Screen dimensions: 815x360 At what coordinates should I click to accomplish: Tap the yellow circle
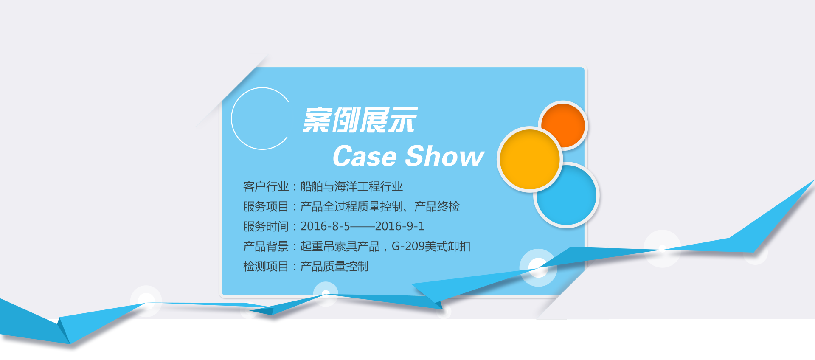pyautogui.click(x=530, y=159)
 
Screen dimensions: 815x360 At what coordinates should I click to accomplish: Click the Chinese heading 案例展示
pyautogui.click(x=360, y=120)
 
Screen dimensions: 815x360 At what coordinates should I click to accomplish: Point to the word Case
pyautogui.click(x=365, y=156)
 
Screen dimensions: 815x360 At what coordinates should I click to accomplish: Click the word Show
pyautogui.click(x=445, y=156)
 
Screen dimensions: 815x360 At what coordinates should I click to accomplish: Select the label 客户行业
pyautogui.click(x=266, y=186)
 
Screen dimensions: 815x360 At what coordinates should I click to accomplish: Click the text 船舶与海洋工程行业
pyautogui.click(x=351, y=186)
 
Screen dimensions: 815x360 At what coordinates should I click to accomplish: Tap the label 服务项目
pyautogui.click(x=266, y=206)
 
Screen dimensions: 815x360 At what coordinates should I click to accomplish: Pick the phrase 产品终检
pyautogui.click(x=437, y=206)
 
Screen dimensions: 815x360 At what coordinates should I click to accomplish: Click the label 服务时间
pyautogui.click(x=266, y=226)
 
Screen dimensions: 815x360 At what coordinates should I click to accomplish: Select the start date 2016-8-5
pyautogui.click(x=325, y=226)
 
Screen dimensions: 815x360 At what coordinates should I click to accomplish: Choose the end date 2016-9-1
pyautogui.click(x=400, y=226)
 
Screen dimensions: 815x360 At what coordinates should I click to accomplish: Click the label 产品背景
pyautogui.click(x=266, y=246)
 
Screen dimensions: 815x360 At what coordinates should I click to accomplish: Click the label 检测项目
pyautogui.click(x=266, y=266)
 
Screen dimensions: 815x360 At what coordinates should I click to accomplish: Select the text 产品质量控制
pyautogui.click(x=334, y=266)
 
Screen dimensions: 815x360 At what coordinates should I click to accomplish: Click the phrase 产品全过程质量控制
pyautogui.click(x=351, y=206)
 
